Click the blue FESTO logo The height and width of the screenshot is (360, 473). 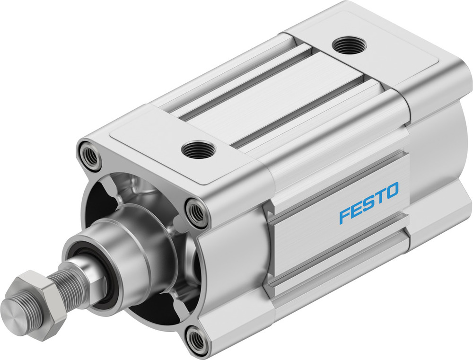point(368,203)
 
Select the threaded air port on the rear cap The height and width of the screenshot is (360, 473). point(349,45)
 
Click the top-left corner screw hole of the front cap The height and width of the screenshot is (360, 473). point(90,155)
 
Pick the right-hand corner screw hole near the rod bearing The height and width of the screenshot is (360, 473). point(196,212)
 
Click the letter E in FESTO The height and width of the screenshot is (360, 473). point(356,210)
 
